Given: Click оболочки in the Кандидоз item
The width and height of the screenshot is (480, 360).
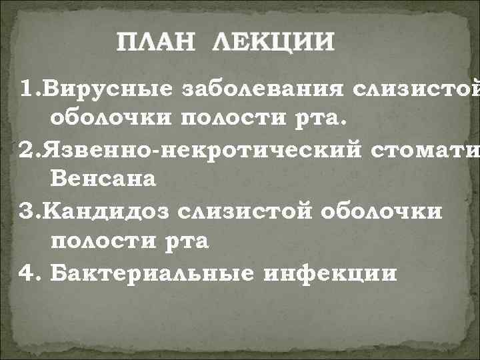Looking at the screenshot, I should pos(382,210).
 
